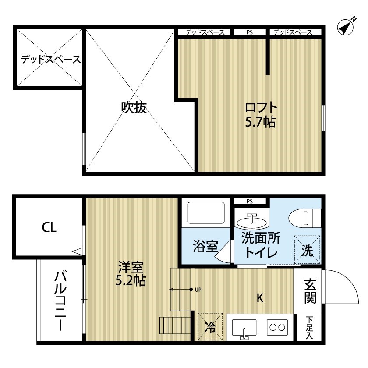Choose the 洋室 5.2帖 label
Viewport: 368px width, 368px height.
[131, 274]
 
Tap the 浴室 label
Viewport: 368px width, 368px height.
[205, 247]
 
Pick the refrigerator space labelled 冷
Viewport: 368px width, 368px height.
[210, 326]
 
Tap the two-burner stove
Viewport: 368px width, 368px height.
[277, 326]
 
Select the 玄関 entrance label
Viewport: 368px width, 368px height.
[310, 291]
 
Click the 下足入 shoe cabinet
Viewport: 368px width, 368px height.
[310, 328]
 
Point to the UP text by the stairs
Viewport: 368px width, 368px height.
[199, 290]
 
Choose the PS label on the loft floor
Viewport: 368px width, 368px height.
[249, 32]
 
